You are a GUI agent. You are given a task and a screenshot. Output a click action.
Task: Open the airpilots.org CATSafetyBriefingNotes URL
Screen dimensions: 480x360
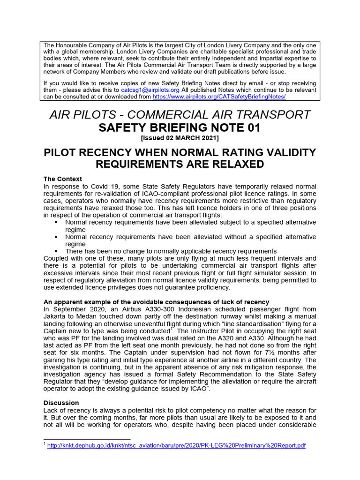click(x=219, y=97)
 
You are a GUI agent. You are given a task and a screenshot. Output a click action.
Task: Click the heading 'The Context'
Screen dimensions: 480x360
click(x=62, y=179)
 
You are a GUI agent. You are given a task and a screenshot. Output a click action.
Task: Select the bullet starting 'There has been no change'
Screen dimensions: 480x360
click(x=171, y=251)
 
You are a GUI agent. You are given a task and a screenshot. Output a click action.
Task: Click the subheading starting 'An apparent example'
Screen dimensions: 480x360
click(x=156, y=302)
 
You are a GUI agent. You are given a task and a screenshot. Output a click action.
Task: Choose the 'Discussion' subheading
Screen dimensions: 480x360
click(x=61, y=403)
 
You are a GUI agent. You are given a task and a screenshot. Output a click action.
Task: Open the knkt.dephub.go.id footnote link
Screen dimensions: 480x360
click(x=176, y=446)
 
